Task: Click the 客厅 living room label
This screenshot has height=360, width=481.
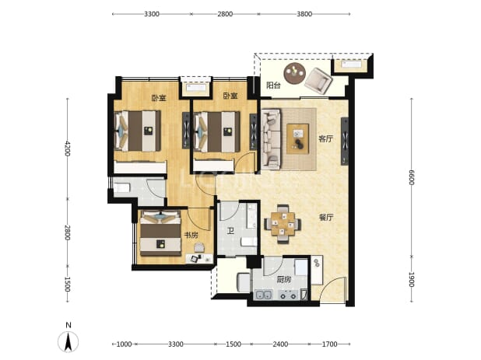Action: click(x=325, y=139)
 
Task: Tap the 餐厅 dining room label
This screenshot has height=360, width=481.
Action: click(x=326, y=218)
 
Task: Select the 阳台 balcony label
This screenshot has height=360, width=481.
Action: click(x=273, y=86)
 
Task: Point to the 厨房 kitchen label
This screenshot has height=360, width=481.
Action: click(x=283, y=279)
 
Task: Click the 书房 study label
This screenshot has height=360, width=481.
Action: click(x=191, y=235)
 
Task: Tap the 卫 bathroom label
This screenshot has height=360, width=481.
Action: click(x=230, y=231)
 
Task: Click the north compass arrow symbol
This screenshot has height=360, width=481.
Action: click(x=68, y=341)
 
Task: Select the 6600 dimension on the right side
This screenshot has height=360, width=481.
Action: click(x=412, y=177)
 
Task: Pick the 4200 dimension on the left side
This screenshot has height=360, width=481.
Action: click(x=68, y=149)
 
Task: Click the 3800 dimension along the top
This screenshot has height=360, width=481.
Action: click(x=304, y=14)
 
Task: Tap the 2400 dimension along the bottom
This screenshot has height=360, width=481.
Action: click(x=280, y=344)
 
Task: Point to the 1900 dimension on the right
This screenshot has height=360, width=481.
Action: click(x=412, y=279)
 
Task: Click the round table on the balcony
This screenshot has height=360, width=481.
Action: click(x=295, y=73)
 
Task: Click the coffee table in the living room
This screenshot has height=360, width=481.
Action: click(x=297, y=139)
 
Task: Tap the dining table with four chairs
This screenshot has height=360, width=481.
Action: click(x=283, y=224)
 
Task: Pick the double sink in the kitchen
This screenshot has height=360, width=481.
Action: click(x=264, y=295)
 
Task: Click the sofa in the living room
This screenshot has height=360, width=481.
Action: click(x=271, y=139)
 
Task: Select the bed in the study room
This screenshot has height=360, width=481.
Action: click(x=160, y=232)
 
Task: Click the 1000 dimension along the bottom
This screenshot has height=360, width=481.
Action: click(x=125, y=344)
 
